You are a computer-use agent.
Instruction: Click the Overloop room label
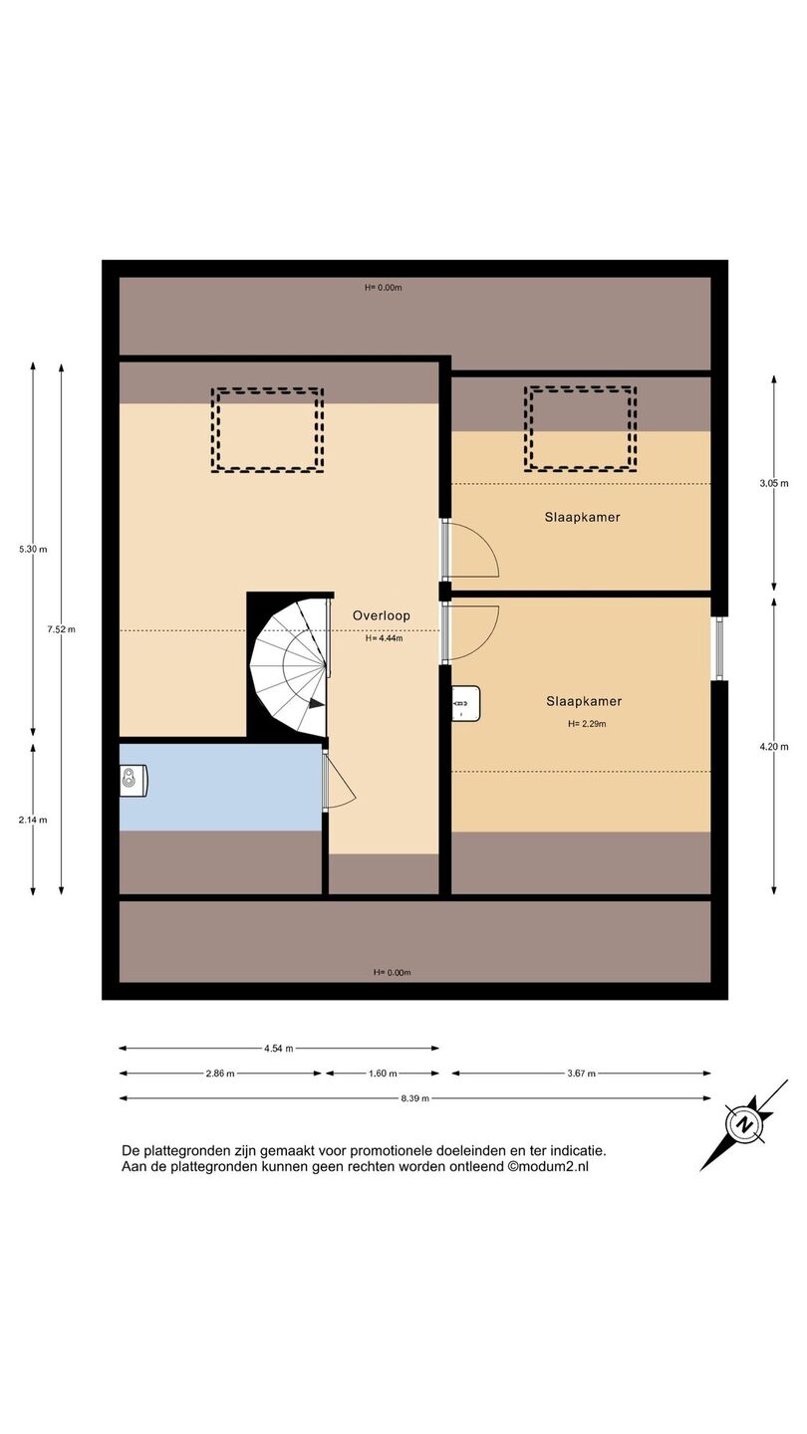pos(381,615)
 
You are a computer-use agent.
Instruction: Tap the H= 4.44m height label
pos(385,638)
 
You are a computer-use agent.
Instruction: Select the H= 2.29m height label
pos(587,724)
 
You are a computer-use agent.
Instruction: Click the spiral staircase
pos(290,667)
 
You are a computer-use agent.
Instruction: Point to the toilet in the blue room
pos(134,781)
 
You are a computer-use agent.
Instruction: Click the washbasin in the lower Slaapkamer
pos(465,703)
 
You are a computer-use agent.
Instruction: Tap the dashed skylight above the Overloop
pos(268,430)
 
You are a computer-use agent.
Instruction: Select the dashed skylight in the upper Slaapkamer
pos(580,429)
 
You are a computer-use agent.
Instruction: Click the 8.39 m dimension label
pos(415,1098)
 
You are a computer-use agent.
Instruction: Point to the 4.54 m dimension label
pos(279,1049)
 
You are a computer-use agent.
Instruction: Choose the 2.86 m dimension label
pos(219,1074)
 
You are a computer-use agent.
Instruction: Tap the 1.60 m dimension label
pos(383,1074)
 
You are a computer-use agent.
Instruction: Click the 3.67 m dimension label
pos(582,1074)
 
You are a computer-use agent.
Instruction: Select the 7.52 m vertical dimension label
pos(61,629)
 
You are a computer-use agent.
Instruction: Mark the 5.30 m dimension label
pos(33,550)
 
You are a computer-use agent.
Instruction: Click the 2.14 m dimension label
pos(33,821)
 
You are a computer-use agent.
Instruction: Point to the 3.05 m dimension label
pos(774,483)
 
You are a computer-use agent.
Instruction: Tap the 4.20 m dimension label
pos(774,747)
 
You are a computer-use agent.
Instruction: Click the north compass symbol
pos(744,1125)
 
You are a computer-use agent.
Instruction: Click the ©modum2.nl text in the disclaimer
pos(548,1166)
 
